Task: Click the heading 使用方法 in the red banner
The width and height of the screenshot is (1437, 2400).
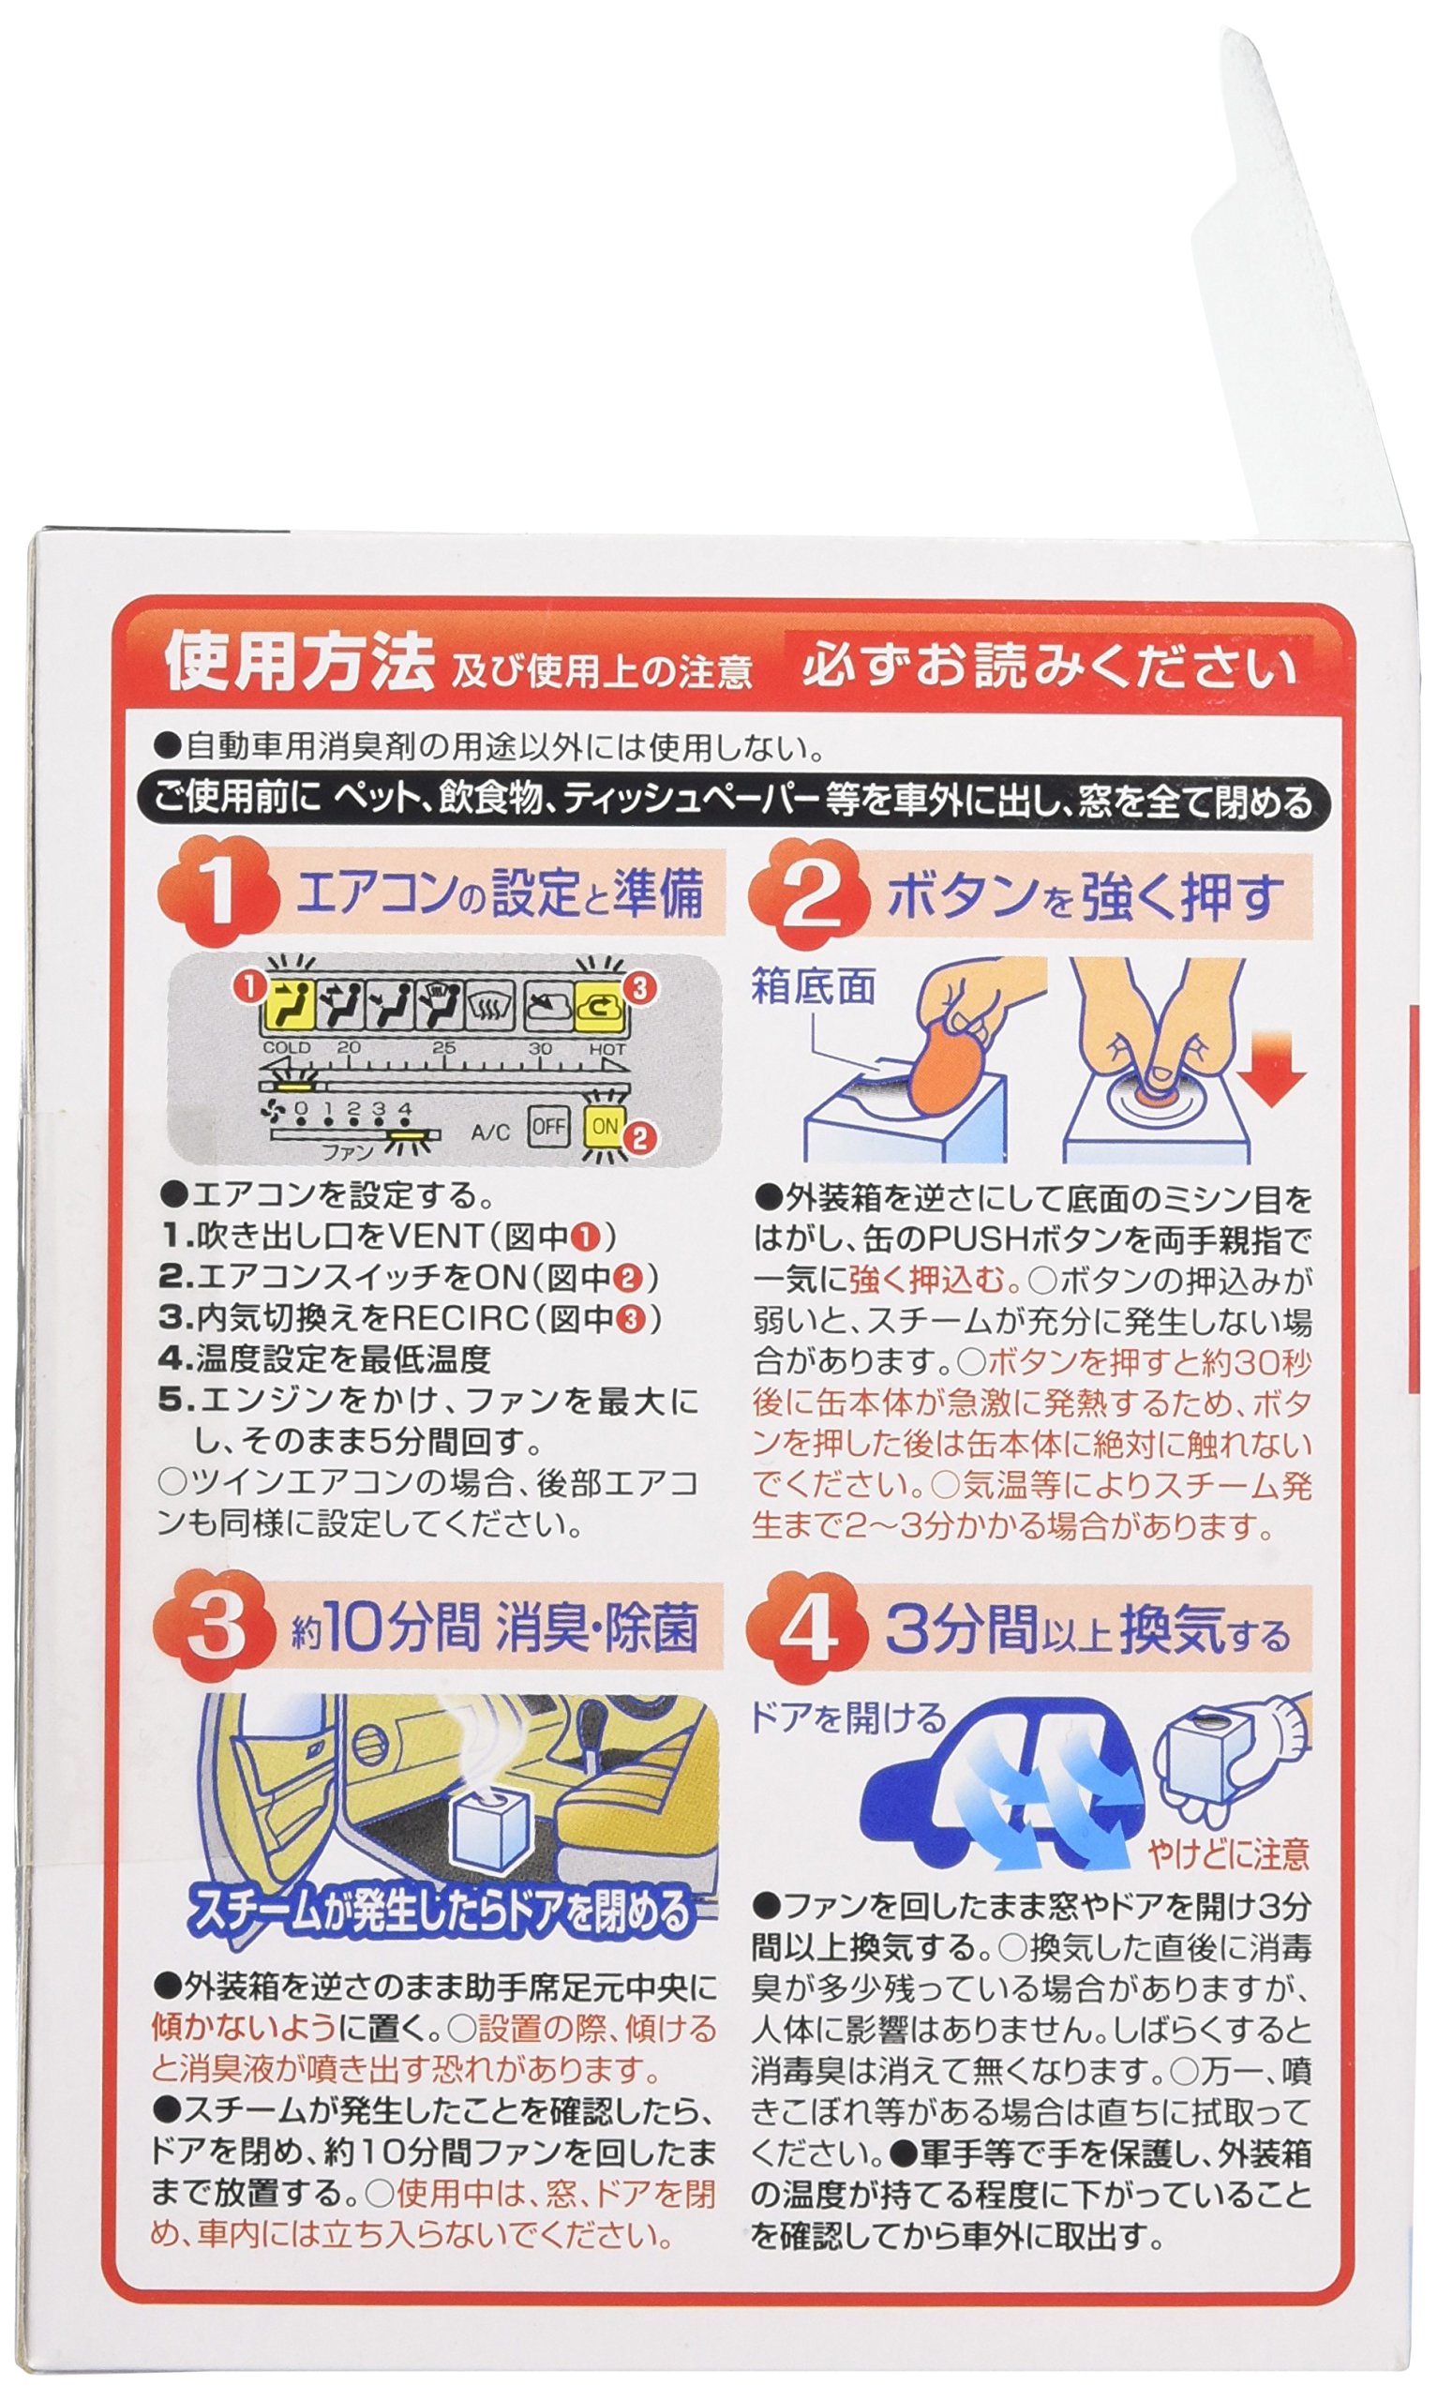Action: pos(298,664)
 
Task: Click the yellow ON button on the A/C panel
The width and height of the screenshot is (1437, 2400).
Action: pos(606,1127)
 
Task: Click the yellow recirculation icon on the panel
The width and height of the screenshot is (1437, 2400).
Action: pos(598,1008)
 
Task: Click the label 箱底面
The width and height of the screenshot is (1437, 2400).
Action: pos(814,988)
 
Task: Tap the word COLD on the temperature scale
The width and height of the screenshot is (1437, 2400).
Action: pos(288,1047)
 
